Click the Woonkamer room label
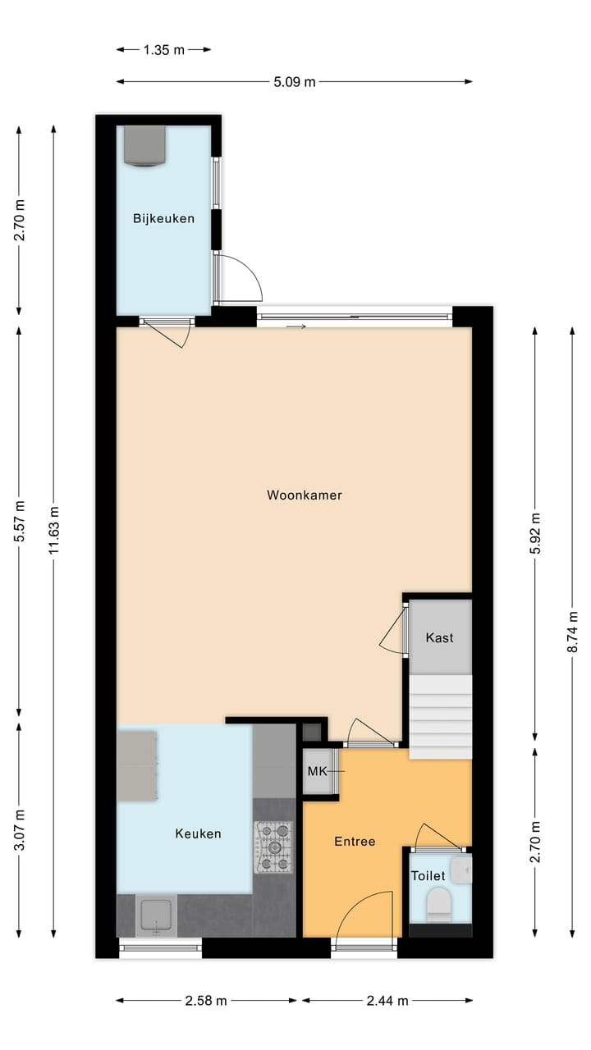pyautogui.click(x=304, y=495)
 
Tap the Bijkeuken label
pyautogui.click(x=164, y=218)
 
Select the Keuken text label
pyautogui.click(x=198, y=833)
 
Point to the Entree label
pyautogui.click(x=355, y=842)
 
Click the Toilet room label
pyautogui.click(x=428, y=876)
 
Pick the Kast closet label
pyautogui.click(x=439, y=637)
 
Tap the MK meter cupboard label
pyautogui.click(x=317, y=772)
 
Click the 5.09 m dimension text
pyautogui.click(x=294, y=81)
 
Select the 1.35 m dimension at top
pyautogui.click(x=163, y=49)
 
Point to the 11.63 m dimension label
pyautogui.click(x=54, y=531)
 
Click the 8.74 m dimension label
pyautogui.click(x=573, y=629)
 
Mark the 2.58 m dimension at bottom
pyautogui.click(x=206, y=1001)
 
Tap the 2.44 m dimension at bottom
pyautogui.click(x=387, y=1001)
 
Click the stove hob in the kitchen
pyautogui.click(x=273, y=847)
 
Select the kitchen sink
pyautogui.click(x=156, y=915)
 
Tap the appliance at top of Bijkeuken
pyautogui.click(x=144, y=145)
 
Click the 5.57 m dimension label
pyautogui.click(x=20, y=523)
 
